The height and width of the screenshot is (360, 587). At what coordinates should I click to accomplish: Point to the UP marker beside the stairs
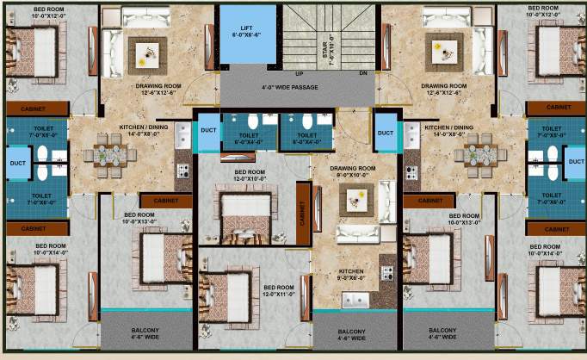click(299, 74)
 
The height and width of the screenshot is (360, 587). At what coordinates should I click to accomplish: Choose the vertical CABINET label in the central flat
click(303, 208)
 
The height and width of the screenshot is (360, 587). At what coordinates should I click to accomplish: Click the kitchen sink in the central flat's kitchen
click(355, 300)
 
